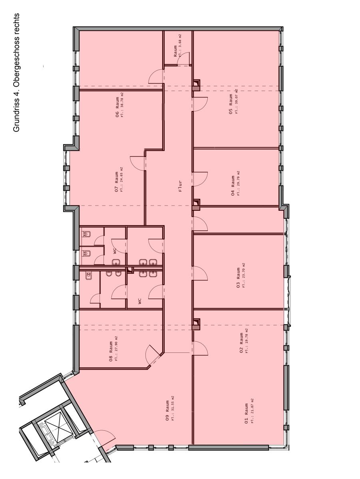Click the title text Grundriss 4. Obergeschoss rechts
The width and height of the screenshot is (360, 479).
16,73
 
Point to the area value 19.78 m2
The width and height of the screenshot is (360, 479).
247,340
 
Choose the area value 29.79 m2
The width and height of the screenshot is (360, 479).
238,183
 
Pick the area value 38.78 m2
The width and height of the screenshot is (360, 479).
122,105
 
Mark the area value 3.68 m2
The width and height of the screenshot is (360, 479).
180,46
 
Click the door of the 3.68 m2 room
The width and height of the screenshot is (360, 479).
183,59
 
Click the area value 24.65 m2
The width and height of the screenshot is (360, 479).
122,179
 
